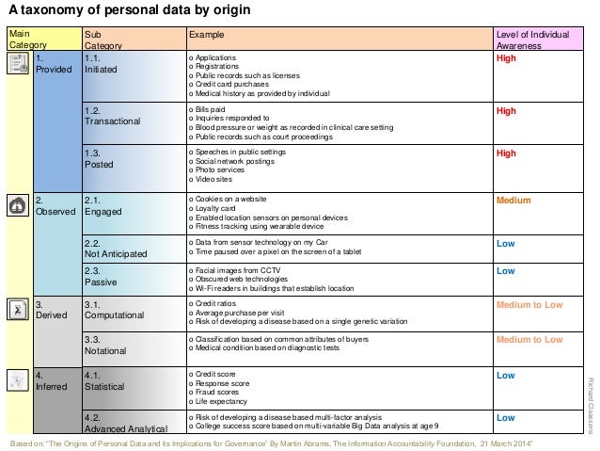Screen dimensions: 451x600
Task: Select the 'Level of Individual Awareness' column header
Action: click(532, 40)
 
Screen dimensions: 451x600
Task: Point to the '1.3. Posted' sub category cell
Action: click(100, 158)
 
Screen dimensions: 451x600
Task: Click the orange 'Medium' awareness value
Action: click(513, 201)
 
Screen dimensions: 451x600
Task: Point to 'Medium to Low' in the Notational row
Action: click(529, 340)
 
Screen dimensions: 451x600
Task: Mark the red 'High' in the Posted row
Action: click(506, 153)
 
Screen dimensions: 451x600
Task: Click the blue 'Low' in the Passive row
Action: click(505, 271)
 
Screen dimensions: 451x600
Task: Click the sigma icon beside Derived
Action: click(17, 310)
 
